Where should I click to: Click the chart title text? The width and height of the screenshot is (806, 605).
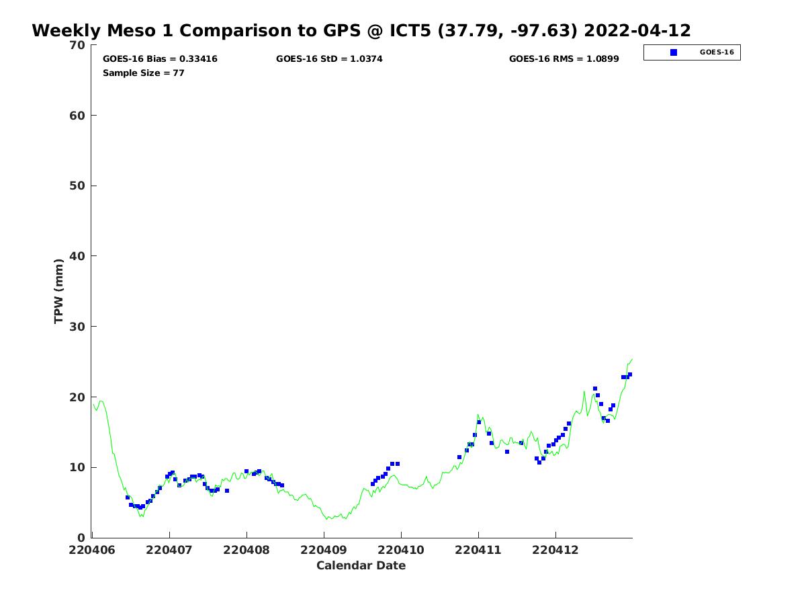[x=361, y=31]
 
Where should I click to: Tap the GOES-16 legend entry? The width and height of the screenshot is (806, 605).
[x=716, y=52]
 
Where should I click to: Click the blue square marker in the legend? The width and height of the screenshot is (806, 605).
[x=674, y=52]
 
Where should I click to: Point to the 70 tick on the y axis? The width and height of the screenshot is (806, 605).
[x=78, y=45]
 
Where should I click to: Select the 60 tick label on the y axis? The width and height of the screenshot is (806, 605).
[x=78, y=116]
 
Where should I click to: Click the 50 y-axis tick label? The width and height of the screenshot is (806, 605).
[x=78, y=186]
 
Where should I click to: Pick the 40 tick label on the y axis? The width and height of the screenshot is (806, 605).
[x=78, y=256]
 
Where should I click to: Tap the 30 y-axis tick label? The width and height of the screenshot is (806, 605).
[x=78, y=327]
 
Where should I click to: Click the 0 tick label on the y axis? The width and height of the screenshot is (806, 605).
[x=82, y=538]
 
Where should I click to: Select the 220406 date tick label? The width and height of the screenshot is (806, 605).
[x=92, y=550]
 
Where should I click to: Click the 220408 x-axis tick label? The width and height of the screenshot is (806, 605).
[x=247, y=550]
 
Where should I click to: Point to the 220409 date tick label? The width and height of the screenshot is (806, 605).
[x=324, y=550]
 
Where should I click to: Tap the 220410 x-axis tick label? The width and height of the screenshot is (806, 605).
[x=401, y=550]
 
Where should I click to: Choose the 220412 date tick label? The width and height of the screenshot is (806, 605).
[x=555, y=550]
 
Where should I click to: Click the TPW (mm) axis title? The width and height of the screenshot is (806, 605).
[x=59, y=291]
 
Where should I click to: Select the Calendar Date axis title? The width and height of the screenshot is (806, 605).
[x=361, y=565]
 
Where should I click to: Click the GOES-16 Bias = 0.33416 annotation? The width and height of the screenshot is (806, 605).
[x=160, y=59]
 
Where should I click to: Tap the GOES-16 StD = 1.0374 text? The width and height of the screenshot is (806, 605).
[x=329, y=59]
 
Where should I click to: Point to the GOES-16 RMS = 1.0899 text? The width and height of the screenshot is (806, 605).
[x=564, y=59]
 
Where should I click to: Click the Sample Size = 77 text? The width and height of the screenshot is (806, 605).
[x=144, y=73]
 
